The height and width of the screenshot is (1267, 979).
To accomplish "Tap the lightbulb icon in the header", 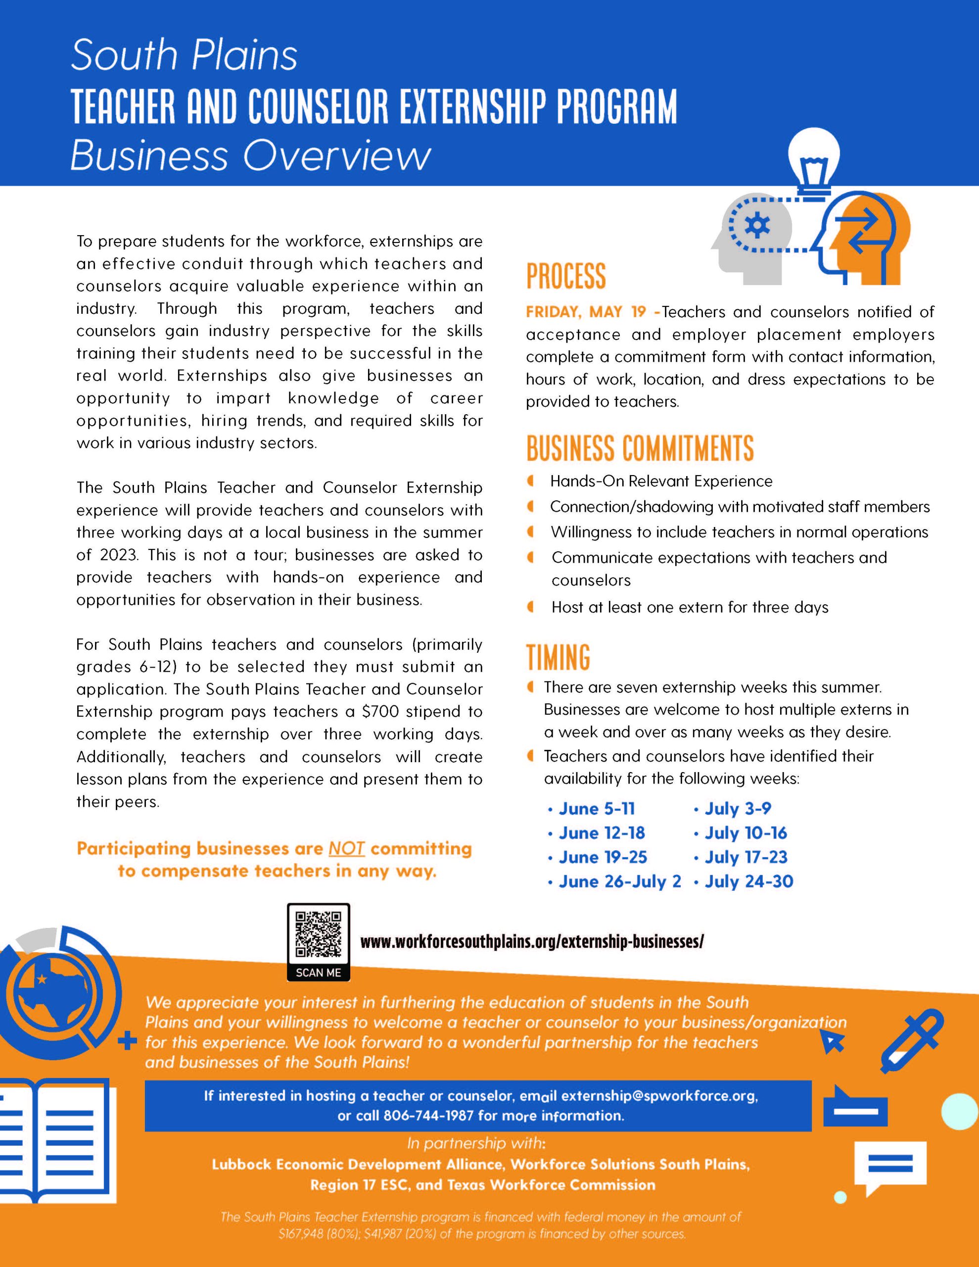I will pyautogui.click(x=814, y=163).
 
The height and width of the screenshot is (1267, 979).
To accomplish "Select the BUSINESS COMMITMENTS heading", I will pyautogui.click(x=640, y=448).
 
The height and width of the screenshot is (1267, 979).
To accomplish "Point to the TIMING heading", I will pyautogui.click(x=558, y=657).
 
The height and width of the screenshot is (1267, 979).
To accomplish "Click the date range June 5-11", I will pyautogui.click(x=597, y=809).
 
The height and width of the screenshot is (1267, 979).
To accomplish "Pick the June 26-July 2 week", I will pyautogui.click(x=619, y=882).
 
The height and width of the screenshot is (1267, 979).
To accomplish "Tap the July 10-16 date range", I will pyautogui.click(x=746, y=833).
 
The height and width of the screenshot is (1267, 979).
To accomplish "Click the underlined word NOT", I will pyautogui.click(x=346, y=849).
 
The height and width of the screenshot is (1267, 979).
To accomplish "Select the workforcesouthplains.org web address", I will pyautogui.click(x=532, y=941).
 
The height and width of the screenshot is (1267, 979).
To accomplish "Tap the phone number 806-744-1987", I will pyautogui.click(x=428, y=1115).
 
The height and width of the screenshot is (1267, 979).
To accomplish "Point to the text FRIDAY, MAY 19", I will pyautogui.click(x=586, y=312).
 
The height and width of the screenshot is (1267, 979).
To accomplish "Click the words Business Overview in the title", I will pyautogui.click(x=250, y=155).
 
